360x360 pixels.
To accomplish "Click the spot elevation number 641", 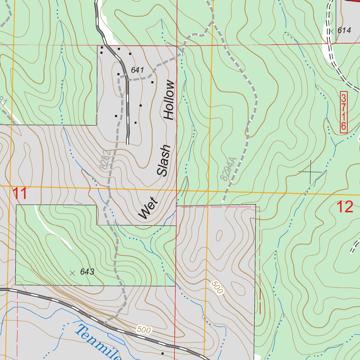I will [x=137, y=70].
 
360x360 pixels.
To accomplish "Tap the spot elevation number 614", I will [x=344, y=31].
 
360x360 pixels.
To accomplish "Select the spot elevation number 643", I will [x=87, y=272].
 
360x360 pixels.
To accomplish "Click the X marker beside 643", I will [x=72, y=273].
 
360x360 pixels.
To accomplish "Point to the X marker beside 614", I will [x=331, y=31].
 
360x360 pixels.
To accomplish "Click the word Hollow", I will [x=169, y=100].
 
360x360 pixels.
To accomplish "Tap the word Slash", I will [x=164, y=160].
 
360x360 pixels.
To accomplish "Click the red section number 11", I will [x=20, y=194].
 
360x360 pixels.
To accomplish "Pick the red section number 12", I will [x=345, y=207].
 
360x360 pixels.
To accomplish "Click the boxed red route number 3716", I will [x=343, y=112].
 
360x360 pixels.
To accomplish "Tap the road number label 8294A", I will [x=227, y=169].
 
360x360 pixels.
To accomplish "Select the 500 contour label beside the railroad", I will [x=144, y=330].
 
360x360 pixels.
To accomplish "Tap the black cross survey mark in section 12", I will [x=310, y=172].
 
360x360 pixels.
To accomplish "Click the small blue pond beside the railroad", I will [x=116, y=339].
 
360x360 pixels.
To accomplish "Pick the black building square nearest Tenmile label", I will [x=162, y=353].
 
